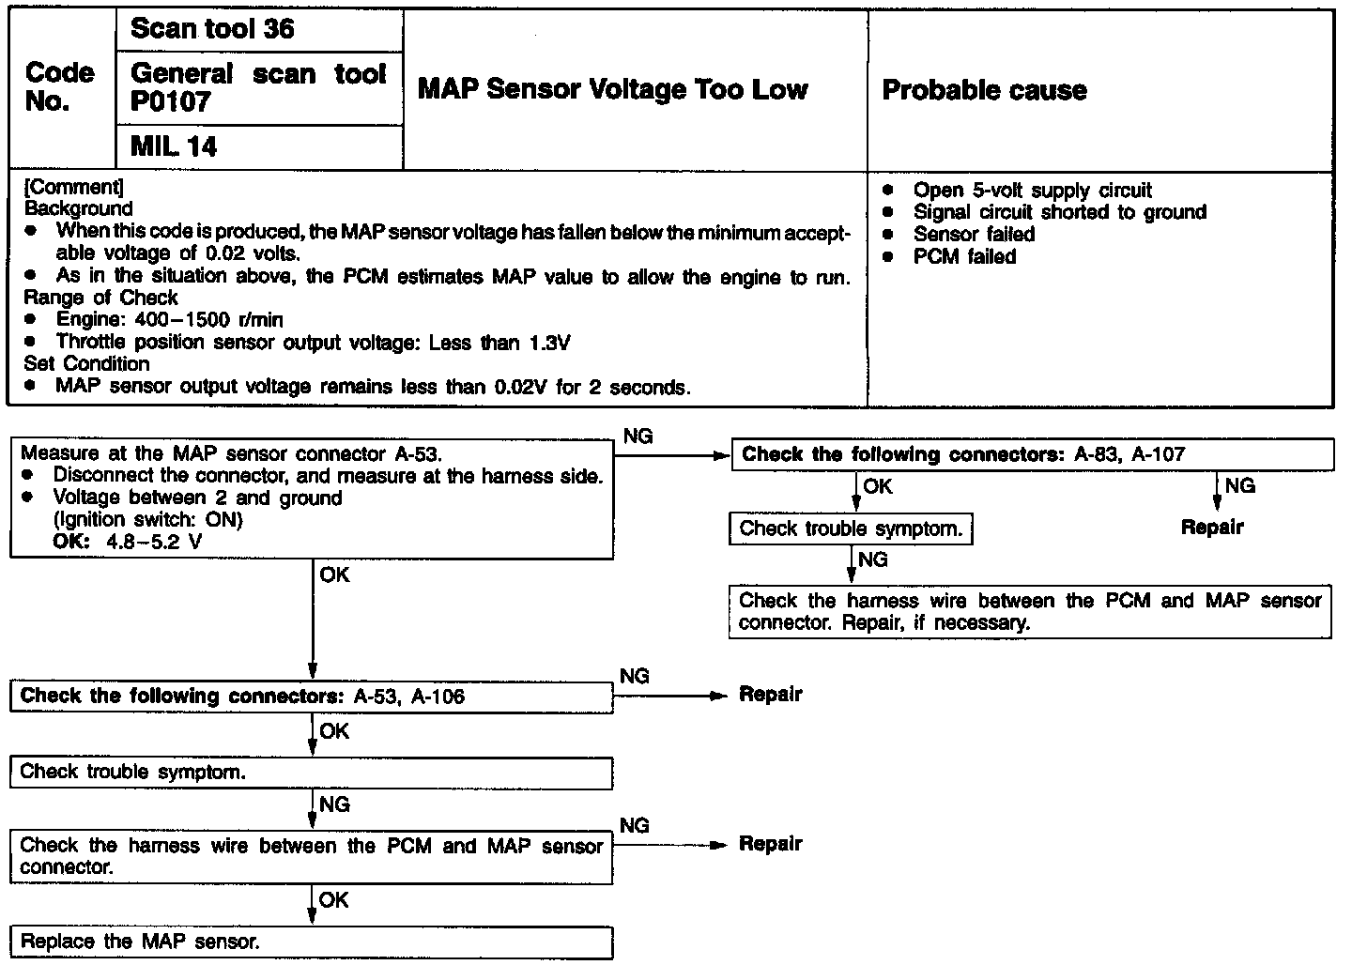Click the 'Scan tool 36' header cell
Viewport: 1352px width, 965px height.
click(212, 29)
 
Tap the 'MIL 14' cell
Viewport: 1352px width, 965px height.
click(174, 147)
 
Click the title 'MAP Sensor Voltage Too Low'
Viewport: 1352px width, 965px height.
click(612, 90)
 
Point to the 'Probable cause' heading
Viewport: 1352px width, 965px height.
click(984, 90)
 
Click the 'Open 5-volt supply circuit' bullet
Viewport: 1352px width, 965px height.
click(1032, 191)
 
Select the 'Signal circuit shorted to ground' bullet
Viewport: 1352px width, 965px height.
click(1059, 212)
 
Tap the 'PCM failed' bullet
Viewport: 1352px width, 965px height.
click(964, 256)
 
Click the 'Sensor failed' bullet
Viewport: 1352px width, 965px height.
click(974, 234)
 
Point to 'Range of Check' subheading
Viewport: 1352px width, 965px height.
click(101, 298)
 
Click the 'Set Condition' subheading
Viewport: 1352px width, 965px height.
click(86, 364)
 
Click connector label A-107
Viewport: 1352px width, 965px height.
click(1158, 455)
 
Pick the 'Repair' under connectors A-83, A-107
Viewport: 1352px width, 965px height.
click(1211, 528)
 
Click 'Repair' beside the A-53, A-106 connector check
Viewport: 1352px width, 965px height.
click(771, 695)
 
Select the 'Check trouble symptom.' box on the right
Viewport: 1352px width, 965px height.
click(851, 529)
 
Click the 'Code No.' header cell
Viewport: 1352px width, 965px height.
click(60, 87)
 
